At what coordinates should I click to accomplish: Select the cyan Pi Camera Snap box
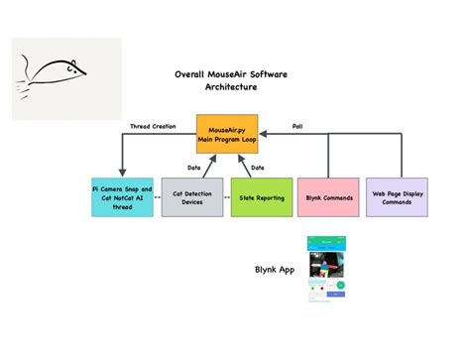[122, 196]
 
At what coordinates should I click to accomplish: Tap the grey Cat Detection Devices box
[190, 196]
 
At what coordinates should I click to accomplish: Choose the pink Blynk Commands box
[327, 196]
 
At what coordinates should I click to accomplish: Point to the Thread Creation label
[154, 126]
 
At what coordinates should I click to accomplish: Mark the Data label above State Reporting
[258, 167]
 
